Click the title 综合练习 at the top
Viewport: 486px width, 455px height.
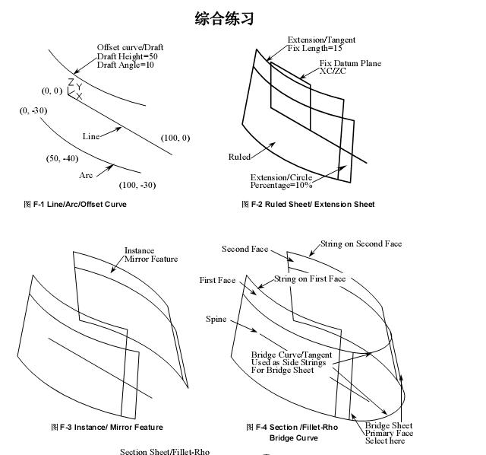coord(224,19)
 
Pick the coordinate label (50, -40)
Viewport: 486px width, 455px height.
coord(62,158)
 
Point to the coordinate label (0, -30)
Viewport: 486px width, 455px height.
coord(33,110)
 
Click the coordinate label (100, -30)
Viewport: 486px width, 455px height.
coord(137,185)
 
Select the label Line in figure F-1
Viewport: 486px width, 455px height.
coord(91,136)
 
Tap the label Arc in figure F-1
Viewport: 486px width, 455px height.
coord(87,175)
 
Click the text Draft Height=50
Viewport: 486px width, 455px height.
coord(128,56)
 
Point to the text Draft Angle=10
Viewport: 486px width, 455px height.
coord(125,65)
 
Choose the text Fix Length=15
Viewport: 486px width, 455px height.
coord(315,48)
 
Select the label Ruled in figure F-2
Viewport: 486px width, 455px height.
coord(239,157)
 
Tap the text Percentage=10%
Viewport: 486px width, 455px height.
coord(281,185)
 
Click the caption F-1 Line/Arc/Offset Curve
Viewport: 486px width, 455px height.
coord(75,204)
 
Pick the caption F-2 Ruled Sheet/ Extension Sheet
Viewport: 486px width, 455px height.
coord(308,204)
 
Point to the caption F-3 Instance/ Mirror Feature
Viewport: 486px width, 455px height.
coord(106,427)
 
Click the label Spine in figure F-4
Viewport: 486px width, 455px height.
coord(216,319)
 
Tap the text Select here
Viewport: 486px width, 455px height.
coord(385,441)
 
